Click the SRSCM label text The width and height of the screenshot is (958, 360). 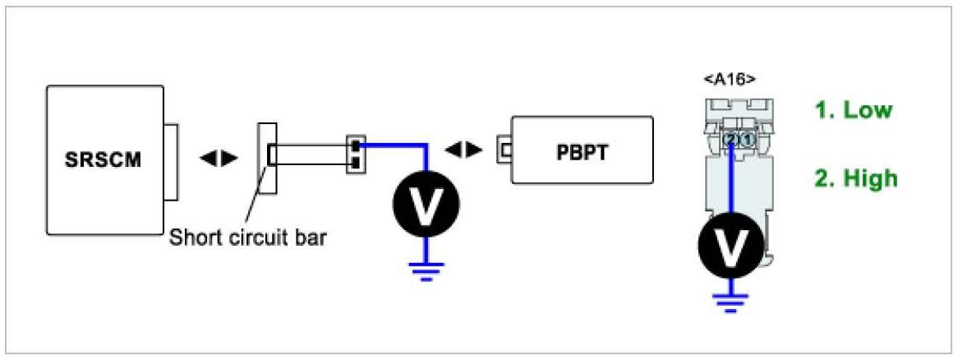pos(103,159)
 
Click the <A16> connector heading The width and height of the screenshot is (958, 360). pos(730,79)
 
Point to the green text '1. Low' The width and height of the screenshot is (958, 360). pos(854,109)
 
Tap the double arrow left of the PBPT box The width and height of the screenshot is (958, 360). pos(463,150)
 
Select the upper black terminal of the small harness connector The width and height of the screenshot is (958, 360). pos(354,146)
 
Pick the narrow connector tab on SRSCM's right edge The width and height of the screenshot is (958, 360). pos(170,161)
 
